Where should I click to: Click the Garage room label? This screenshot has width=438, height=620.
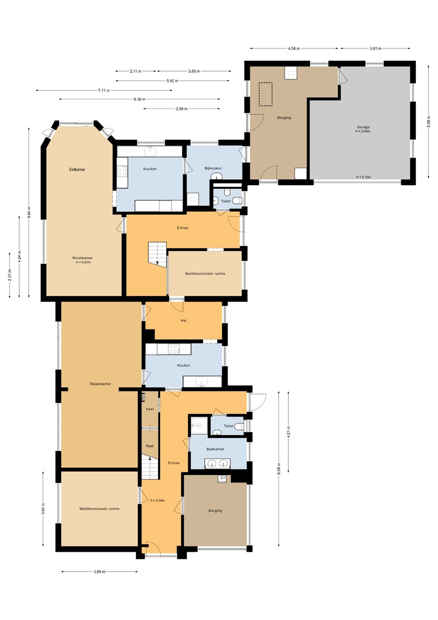coord(363,127)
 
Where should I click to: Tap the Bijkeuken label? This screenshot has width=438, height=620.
coord(213,168)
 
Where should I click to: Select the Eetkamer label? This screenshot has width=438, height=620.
coord(77,169)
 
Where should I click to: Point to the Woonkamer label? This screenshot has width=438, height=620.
coord(83,257)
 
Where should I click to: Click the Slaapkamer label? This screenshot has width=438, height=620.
coord(100,384)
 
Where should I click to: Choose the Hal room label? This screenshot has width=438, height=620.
coord(184,320)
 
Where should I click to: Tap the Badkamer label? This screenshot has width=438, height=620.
coord(215,449)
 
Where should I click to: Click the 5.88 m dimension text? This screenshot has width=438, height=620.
coord(429,121)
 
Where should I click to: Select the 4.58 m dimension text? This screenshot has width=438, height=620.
coord(294,48)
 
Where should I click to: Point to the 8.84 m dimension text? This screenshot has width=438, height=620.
coord(29,212)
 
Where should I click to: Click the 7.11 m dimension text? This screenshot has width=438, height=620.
coord(104,90)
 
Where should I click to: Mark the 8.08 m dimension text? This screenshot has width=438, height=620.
coord(279,468)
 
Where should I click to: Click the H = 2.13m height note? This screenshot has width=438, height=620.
coord(363,177)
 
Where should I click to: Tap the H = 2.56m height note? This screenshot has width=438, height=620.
coord(157,500)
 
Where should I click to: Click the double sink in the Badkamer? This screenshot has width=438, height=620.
coord(217,463)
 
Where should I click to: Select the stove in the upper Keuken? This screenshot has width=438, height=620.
coord(122,171)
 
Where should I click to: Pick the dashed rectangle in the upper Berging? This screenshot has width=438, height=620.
coord(265,94)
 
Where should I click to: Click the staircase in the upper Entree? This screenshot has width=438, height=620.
coord(157,254)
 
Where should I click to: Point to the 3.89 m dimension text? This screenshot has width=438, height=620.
coord(43,509)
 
